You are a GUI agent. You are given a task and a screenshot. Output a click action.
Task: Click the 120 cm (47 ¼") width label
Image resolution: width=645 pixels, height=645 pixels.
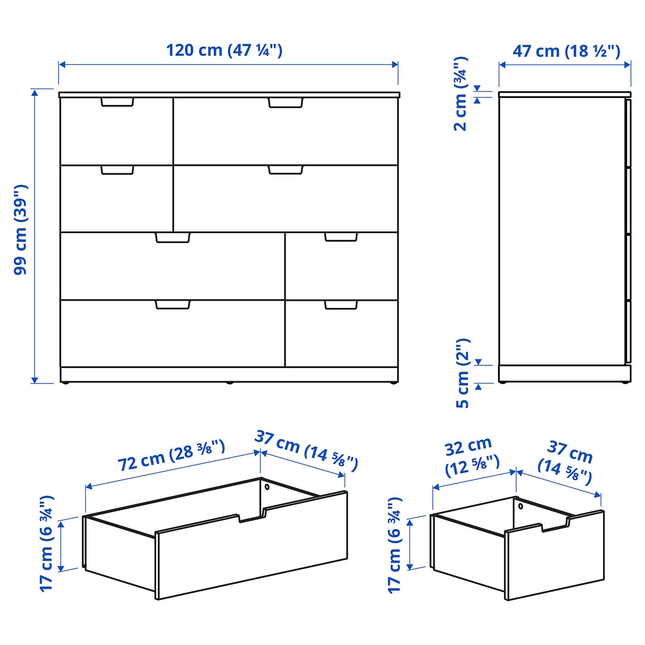click(224, 51)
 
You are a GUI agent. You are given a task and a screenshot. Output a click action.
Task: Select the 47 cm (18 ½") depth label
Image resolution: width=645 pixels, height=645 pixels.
click(566, 51)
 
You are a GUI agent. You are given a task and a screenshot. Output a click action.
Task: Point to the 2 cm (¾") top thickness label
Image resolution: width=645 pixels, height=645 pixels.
click(461, 94)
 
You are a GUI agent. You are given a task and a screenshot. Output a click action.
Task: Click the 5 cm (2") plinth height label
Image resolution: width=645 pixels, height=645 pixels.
click(463, 373)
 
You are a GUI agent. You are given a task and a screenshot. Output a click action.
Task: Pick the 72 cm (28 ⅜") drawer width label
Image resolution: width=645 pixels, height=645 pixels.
click(171, 455)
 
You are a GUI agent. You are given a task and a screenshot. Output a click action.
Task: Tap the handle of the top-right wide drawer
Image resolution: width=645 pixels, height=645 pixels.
click(286, 103)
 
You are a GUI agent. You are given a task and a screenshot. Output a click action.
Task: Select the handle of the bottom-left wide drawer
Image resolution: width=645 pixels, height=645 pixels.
click(173, 305)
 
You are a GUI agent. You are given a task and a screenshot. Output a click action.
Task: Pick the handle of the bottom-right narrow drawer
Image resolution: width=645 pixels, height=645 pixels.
click(341, 305)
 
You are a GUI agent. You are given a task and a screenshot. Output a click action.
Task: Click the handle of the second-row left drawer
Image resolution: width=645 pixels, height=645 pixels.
click(117, 170)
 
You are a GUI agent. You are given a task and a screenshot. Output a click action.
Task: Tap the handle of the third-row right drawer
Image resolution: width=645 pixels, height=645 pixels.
click(341, 237)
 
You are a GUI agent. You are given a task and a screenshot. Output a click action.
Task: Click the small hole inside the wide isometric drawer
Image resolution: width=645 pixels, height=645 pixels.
click(267, 487)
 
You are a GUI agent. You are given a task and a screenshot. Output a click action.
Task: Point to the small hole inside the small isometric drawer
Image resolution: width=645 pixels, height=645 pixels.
click(521, 506)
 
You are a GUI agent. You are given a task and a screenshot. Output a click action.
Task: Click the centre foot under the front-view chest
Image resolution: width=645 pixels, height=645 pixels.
click(229, 382)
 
